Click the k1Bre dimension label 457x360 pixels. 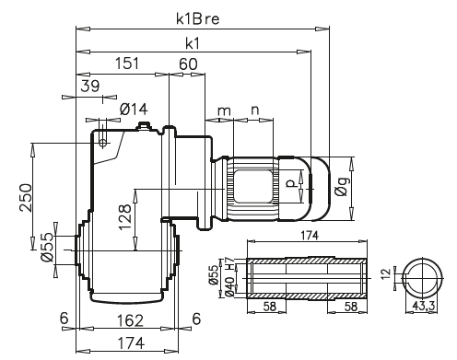click(x=198, y=19)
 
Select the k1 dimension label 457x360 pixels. click(x=193, y=44)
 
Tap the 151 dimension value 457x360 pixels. click(x=127, y=64)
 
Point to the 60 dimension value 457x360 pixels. click(x=188, y=64)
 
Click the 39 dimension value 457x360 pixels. click(x=90, y=86)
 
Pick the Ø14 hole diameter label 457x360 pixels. click(x=134, y=109)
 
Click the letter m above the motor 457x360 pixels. click(x=224, y=110)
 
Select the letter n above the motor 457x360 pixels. click(x=255, y=110)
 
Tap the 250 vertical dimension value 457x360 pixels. click(x=26, y=198)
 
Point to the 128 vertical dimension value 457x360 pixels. click(x=124, y=216)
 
